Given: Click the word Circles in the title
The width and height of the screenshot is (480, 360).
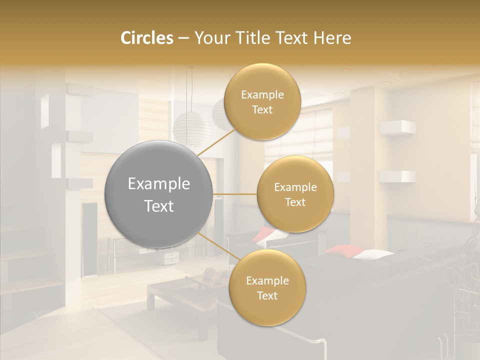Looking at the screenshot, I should tap(146, 38).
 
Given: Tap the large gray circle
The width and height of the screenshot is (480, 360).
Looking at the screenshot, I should tap(159, 194).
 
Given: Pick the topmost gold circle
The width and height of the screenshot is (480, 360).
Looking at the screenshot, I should tap(262, 102).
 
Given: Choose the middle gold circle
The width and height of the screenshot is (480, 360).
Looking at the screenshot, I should tap(295, 194).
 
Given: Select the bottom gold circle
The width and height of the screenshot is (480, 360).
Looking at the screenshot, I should tap(267, 288).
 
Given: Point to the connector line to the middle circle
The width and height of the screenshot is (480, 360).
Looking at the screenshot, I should tap(234, 194).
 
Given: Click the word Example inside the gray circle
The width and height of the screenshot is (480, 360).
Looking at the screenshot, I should tap(159, 184).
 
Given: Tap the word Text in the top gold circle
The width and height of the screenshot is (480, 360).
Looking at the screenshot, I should tap(262, 110).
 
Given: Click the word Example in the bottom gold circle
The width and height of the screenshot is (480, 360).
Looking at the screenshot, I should tap(267, 281).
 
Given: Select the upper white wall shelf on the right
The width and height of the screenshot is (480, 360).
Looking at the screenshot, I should tap(397, 127).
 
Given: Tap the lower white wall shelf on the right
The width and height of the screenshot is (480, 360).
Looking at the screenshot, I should tap(397, 176).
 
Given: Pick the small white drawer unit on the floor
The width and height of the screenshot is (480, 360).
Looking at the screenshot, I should tap(171, 257).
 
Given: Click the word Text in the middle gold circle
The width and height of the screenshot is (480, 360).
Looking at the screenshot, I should tap(295, 202).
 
